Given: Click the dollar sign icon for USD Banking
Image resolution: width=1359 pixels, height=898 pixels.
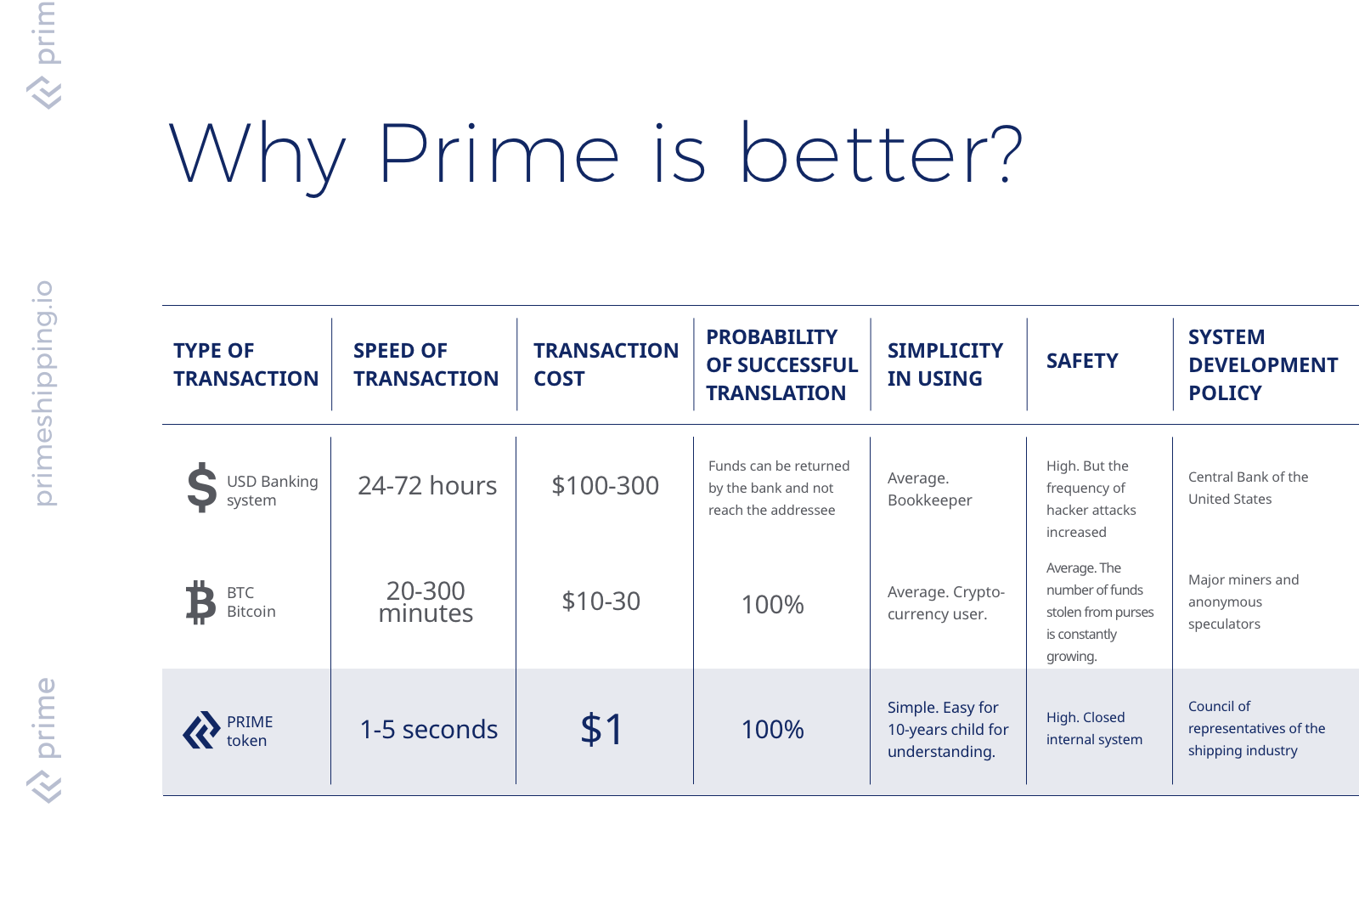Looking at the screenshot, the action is point(202,487).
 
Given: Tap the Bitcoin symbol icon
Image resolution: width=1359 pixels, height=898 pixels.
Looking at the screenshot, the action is point(200,601).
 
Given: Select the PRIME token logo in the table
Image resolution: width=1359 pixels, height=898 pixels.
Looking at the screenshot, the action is point(201,730).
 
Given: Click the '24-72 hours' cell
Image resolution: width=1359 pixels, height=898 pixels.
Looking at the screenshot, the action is point(427,485).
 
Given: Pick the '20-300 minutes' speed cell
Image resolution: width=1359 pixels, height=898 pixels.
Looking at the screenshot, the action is point(426,601).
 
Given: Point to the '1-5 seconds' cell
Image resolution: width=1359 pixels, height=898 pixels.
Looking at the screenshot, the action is point(428,729).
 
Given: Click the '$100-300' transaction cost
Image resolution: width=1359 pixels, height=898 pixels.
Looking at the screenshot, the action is point(605,485).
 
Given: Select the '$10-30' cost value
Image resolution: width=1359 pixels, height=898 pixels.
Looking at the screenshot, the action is point(601,601).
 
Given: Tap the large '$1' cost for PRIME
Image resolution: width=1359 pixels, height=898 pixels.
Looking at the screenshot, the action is point(601,729).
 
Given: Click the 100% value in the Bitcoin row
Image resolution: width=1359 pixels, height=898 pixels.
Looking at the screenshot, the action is point(772,604).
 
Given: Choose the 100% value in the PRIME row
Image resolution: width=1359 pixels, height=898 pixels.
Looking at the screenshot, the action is point(772,729).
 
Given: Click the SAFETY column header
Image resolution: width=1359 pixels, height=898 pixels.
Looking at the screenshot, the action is point(1082,361).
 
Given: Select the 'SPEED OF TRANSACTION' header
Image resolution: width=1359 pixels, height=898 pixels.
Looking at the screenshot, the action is point(426,364).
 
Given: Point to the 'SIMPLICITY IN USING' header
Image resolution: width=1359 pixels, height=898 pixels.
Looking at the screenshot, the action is point(945,364).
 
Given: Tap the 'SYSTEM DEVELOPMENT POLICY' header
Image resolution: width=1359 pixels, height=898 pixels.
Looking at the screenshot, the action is point(1263,364).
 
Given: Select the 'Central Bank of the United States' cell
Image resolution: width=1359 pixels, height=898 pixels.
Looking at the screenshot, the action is point(1248,488).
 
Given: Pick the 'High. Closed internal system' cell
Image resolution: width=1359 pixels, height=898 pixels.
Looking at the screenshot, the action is point(1094,728).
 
